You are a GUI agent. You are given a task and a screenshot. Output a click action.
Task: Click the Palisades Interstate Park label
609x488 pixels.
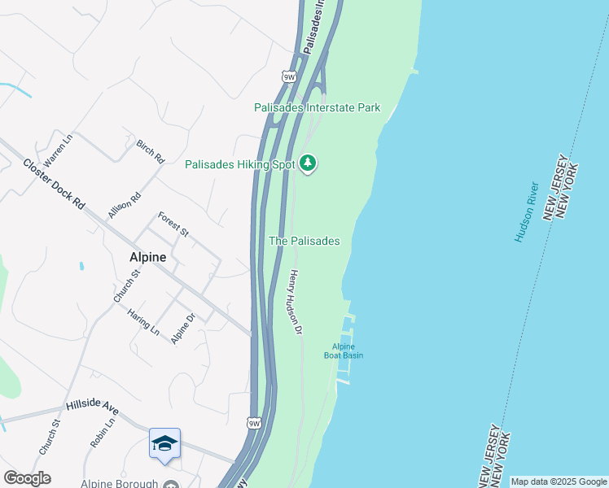coord(317,107)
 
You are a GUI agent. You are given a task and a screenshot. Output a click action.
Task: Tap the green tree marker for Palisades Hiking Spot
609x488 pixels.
coord(308,163)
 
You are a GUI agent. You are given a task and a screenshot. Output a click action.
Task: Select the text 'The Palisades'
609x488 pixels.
coord(304,242)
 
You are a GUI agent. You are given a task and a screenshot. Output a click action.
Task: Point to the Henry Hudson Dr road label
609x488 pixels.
coord(293,303)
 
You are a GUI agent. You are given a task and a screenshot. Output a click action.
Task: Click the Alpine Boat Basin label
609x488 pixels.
coord(347,351)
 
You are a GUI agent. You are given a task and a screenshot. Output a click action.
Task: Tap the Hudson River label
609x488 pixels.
coord(527,211)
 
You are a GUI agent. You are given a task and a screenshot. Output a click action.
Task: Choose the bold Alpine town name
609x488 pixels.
coord(147,257)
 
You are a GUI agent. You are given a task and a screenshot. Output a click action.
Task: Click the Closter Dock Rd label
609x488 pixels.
coord(54,185)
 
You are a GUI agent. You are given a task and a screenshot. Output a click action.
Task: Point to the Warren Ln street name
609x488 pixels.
coord(58,150)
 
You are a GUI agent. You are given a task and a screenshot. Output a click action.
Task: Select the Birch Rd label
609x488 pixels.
coord(151,151)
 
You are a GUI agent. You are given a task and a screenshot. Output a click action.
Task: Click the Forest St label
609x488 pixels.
coord(173,224)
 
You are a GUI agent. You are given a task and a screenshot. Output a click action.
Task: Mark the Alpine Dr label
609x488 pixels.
coord(183,329)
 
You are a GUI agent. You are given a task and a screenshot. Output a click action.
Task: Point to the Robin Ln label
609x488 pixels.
coord(103,433)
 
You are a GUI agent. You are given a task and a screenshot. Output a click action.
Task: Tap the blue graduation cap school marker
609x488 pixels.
coord(164,444)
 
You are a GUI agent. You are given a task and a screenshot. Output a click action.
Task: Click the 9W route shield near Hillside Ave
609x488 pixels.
coord(255,424)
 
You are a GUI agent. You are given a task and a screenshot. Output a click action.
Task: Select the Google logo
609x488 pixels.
coord(27,478)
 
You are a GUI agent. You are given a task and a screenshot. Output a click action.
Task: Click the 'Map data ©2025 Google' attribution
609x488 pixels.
coord(559,481)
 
